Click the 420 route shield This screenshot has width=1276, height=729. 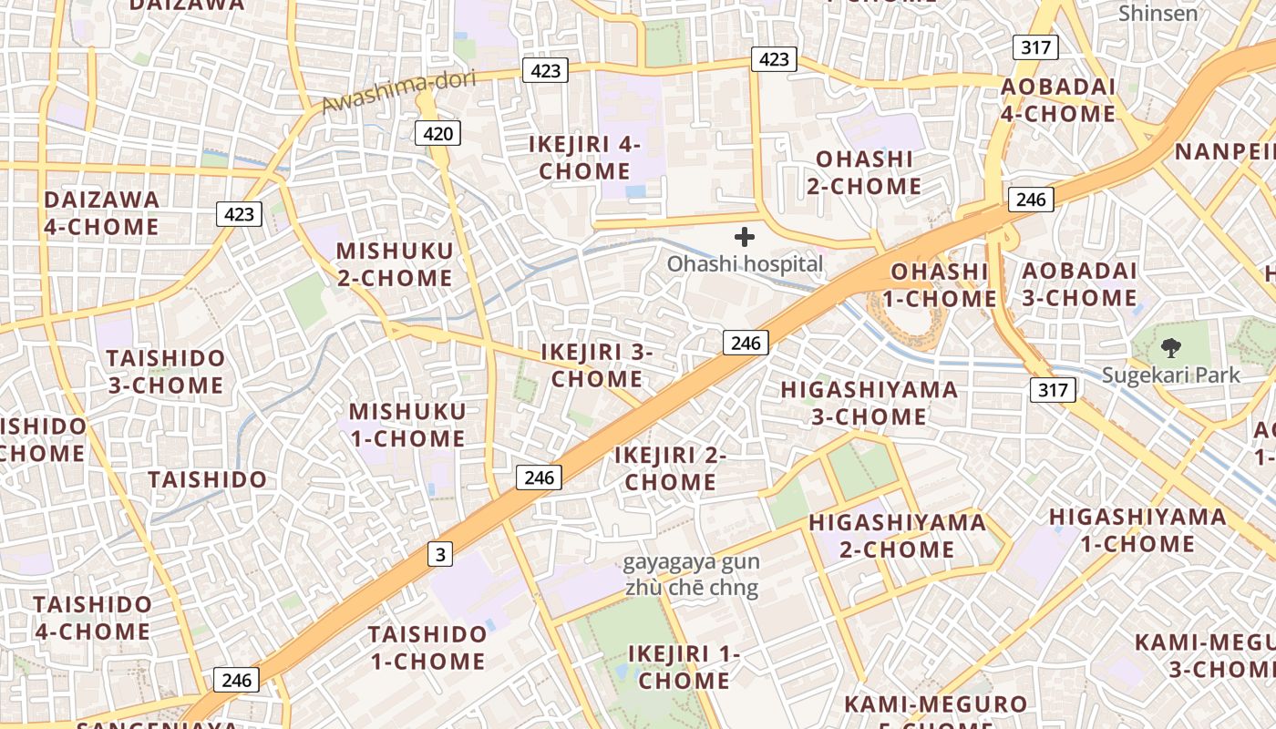point(437,134)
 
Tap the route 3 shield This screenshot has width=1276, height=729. point(440,553)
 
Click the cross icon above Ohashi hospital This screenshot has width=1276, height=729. point(745,237)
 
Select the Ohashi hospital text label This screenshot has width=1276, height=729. point(745,264)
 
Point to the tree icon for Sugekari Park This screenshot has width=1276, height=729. point(1170,347)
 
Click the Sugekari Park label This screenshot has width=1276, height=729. point(1170,375)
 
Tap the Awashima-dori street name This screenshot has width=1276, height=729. point(399,92)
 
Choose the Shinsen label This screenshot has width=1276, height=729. point(1158,13)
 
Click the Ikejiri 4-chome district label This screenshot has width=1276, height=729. point(584,158)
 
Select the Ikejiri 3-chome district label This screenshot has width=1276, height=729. point(597,364)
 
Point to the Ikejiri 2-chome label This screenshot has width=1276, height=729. point(670,468)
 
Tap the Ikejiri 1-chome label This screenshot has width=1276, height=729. point(684,667)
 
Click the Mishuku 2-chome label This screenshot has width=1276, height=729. point(394,264)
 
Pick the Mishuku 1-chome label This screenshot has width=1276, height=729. point(406,425)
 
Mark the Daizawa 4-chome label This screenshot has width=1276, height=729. point(100,212)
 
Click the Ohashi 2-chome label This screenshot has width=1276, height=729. point(863,172)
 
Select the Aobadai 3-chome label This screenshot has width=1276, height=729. point(1079,283)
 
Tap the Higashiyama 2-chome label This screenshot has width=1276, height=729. point(897,536)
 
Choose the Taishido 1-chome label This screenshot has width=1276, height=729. point(427,647)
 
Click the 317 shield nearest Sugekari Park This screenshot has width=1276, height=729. point(1053,390)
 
